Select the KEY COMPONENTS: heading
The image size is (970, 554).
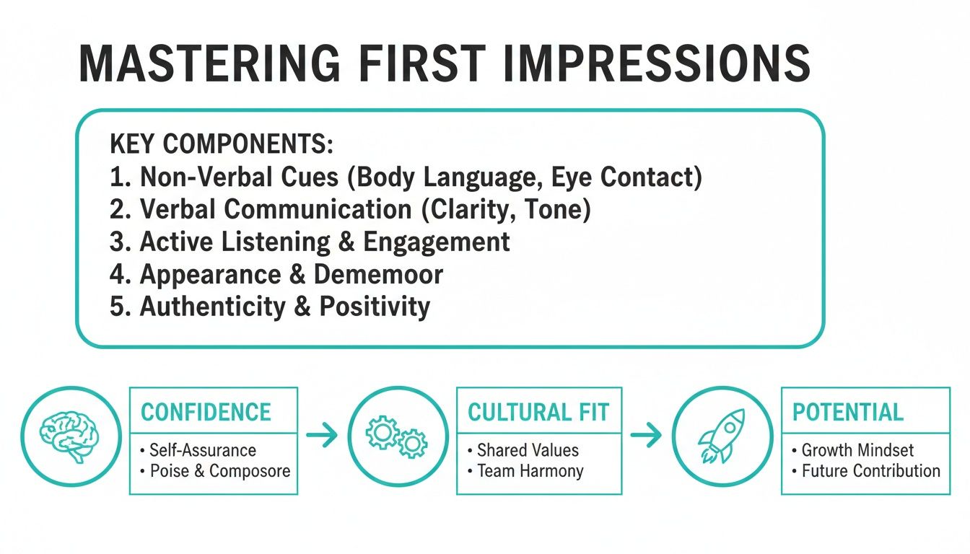click(222, 144)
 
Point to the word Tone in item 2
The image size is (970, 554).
click(560, 209)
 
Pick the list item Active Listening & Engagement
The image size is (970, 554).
click(310, 242)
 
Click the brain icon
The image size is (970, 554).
click(70, 436)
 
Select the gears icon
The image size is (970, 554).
click(397, 436)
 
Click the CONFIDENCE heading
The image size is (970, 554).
click(206, 413)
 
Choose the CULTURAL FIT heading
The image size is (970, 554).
click(538, 413)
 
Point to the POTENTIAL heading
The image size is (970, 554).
click(847, 413)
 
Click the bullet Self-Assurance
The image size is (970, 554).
click(202, 451)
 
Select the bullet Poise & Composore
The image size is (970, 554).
click(219, 471)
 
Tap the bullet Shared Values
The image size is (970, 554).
click(528, 451)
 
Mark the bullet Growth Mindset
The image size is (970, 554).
click(857, 451)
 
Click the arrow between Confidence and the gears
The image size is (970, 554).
click(322, 435)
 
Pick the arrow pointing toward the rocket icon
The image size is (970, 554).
click(646, 435)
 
